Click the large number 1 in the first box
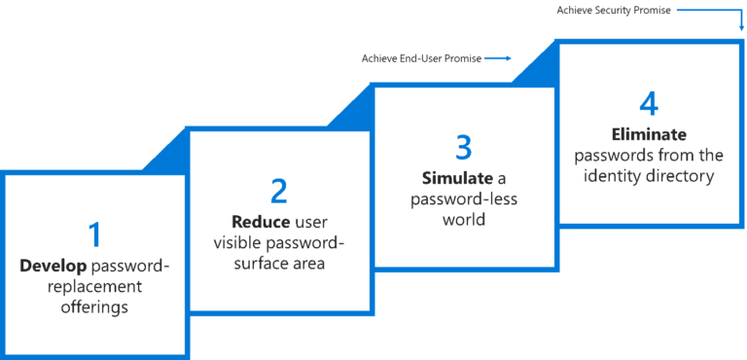point(94,234)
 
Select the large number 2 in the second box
point(279,191)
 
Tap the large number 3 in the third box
point(464,147)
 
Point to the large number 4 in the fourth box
point(649,103)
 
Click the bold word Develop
point(53,265)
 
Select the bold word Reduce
point(260,221)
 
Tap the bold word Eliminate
point(649,134)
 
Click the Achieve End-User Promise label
point(420,58)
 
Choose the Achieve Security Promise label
point(612,11)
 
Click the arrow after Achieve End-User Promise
point(497,58)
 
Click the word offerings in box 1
point(94,307)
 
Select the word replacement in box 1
point(94,286)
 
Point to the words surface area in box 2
point(279,264)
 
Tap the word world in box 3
point(464,221)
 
